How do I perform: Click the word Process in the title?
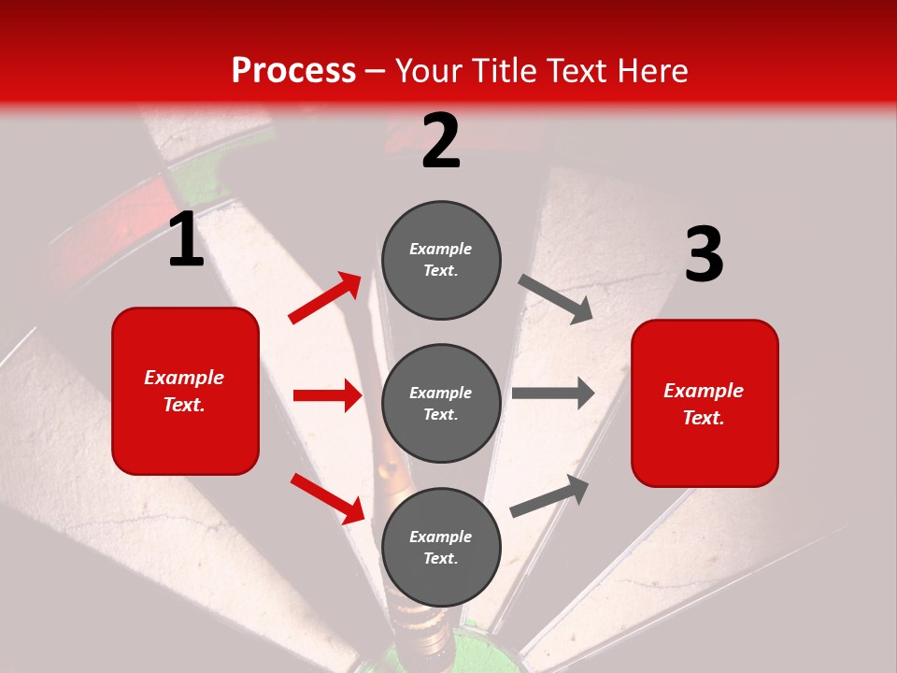[293, 71]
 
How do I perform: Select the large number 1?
[186, 240]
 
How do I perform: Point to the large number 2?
[441, 140]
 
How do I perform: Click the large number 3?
[704, 255]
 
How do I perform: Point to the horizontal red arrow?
[327, 395]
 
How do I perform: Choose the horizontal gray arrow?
[552, 393]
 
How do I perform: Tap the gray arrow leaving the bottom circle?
[549, 495]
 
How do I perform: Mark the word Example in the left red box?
[184, 378]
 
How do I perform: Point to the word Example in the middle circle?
[440, 393]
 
